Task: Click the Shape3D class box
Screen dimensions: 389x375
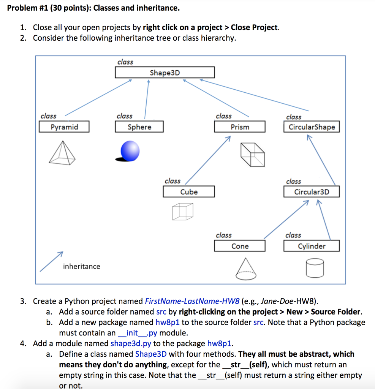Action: pos(165,73)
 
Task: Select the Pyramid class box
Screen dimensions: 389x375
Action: pos(64,127)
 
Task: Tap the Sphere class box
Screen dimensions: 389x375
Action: pos(139,127)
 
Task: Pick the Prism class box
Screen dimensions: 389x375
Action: pos(240,127)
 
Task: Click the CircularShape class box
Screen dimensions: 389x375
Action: pos(312,127)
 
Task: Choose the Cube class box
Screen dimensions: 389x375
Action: pos(189,192)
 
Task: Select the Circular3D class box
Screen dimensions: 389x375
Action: pos(312,192)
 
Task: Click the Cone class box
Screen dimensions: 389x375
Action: pos(240,246)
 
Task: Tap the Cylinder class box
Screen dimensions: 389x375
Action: pos(312,246)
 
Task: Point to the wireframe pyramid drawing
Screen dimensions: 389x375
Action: pos(63,152)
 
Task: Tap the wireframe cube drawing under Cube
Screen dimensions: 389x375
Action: pos(182,211)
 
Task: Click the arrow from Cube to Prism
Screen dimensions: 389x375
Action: pos(207,162)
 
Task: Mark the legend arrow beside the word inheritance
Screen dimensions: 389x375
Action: pos(51,261)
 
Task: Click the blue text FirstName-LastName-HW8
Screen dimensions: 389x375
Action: pos(192,302)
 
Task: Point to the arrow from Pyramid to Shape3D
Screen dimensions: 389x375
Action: pos(99,97)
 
